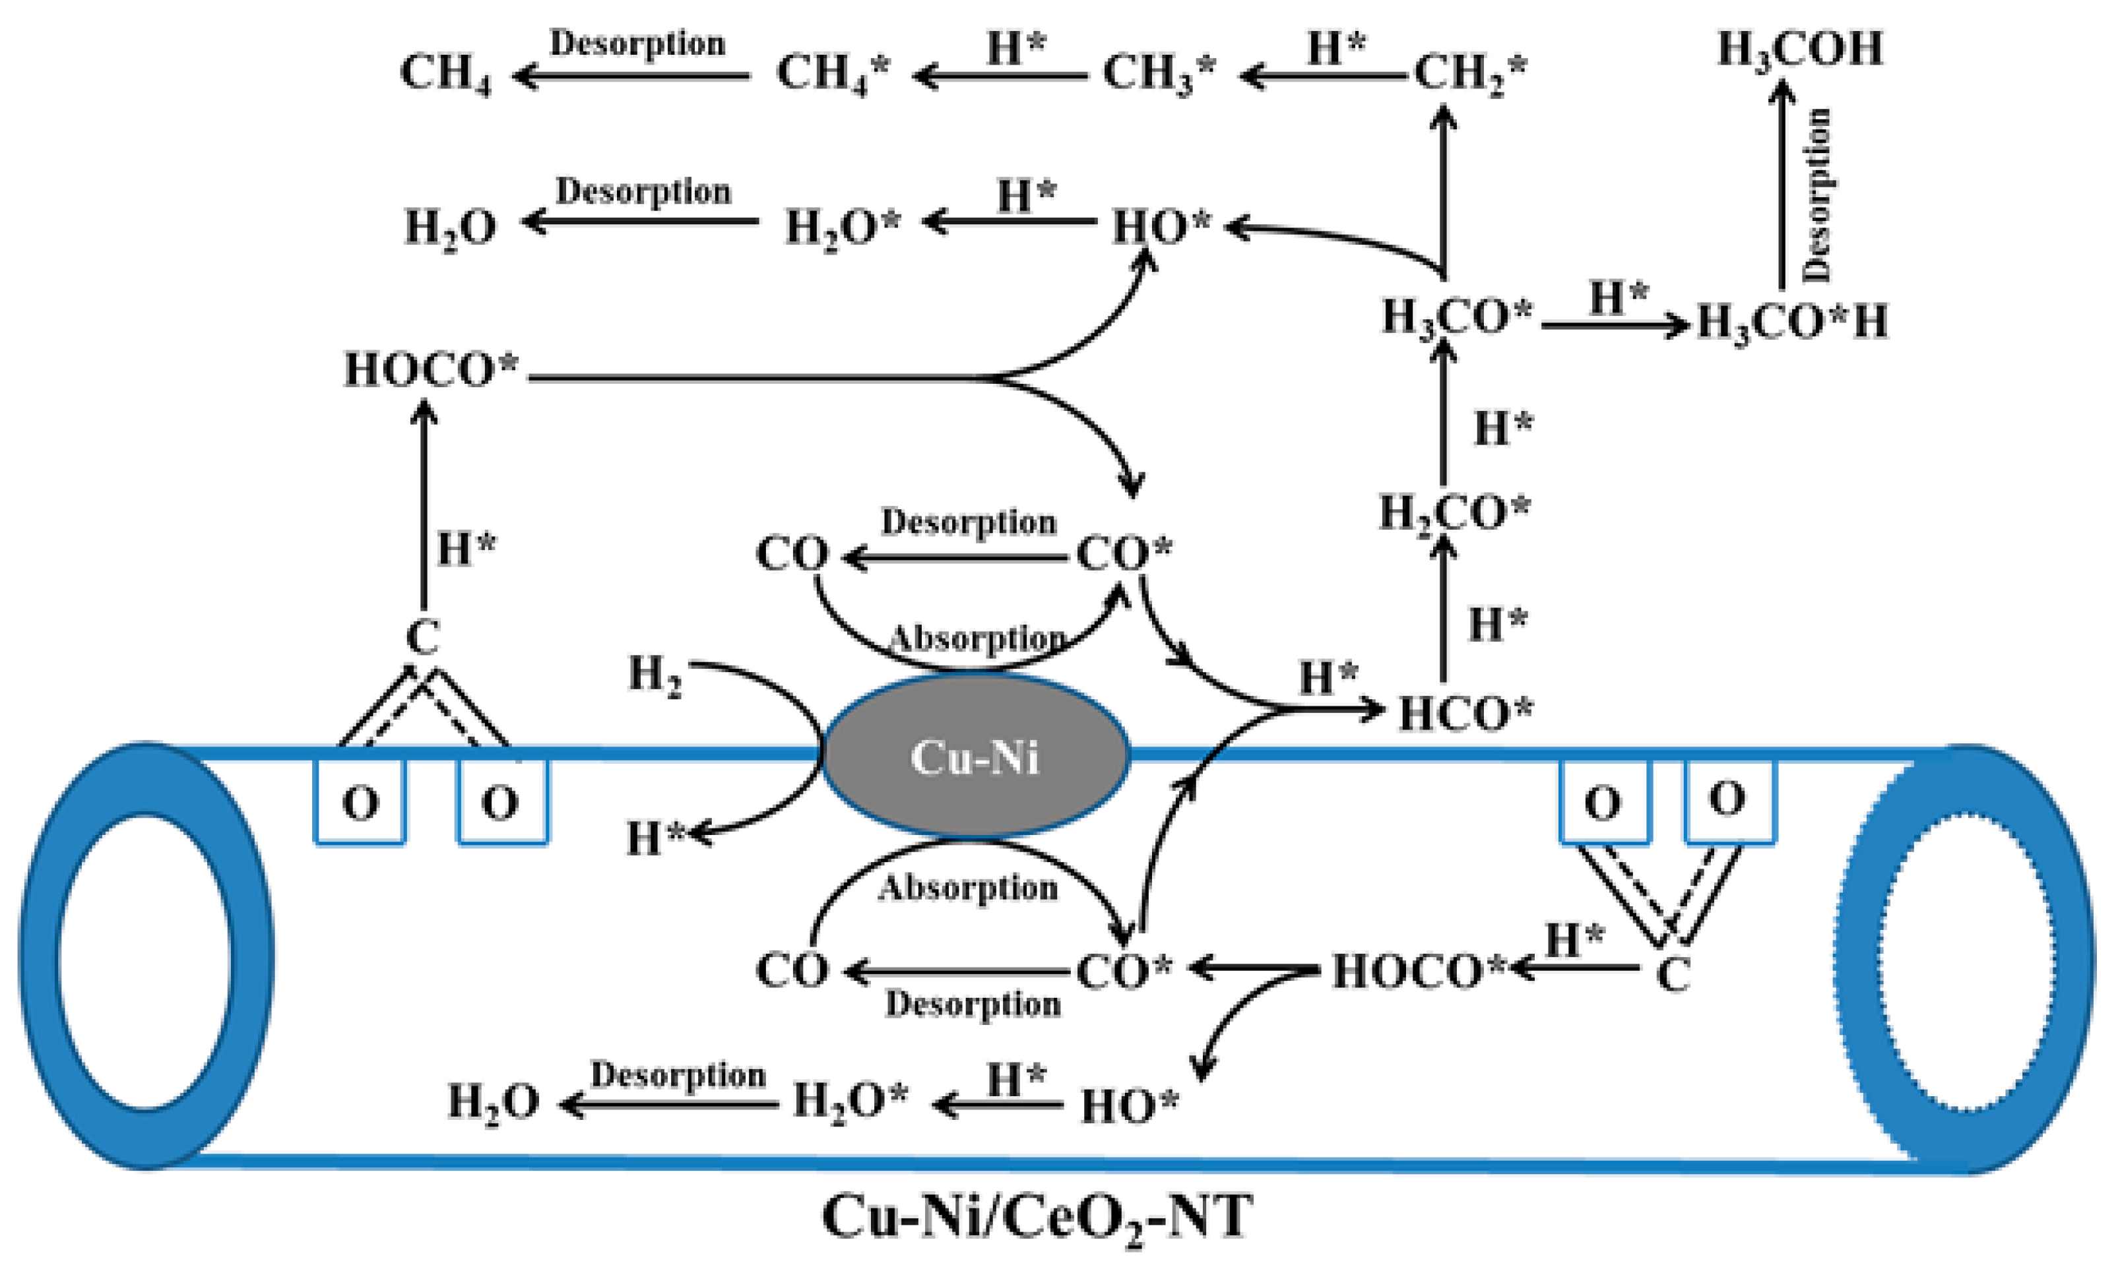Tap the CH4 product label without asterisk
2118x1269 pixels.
pyautogui.click(x=445, y=73)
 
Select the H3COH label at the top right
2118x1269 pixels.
pyautogui.click(x=1800, y=49)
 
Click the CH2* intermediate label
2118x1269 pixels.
pyautogui.click(x=1469, y=73)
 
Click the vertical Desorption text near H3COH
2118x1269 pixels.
pyautogui.click(x=1815, y=195)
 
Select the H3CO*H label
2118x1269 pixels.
pyautogui.click(x=1791, y=323)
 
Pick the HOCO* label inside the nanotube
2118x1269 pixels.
pyautogui.click(x=1417, y=972)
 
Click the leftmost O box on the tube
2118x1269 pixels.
pyautogui.click(x=360, y=802)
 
